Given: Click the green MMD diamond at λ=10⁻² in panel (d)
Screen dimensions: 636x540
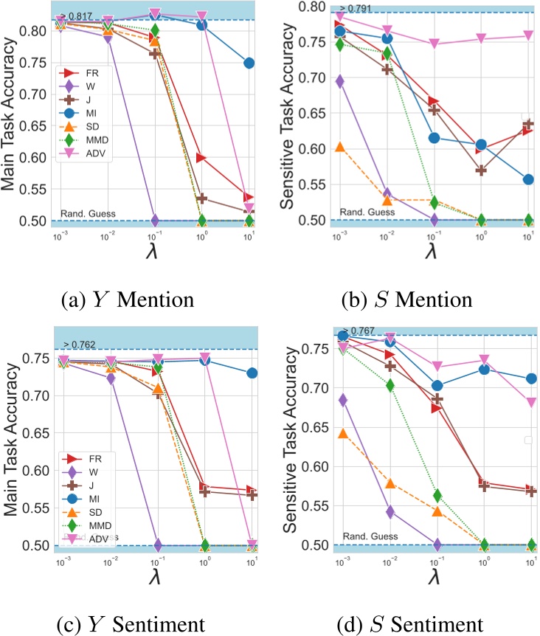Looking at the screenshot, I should tap(390, 385).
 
